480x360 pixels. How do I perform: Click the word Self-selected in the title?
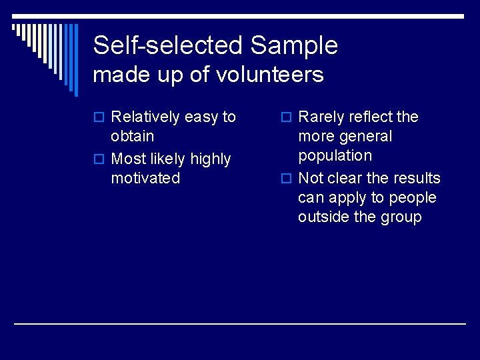pos(168,45)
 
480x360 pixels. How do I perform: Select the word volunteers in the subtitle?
pos(270,75)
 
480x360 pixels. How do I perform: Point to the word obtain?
pos(132,137)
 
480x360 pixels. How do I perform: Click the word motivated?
pos(145,178)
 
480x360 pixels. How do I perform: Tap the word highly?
pos(210,159)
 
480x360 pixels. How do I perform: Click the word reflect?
pos(371,117)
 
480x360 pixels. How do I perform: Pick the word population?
pos(335,156)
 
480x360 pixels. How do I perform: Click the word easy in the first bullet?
pos(201,118)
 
